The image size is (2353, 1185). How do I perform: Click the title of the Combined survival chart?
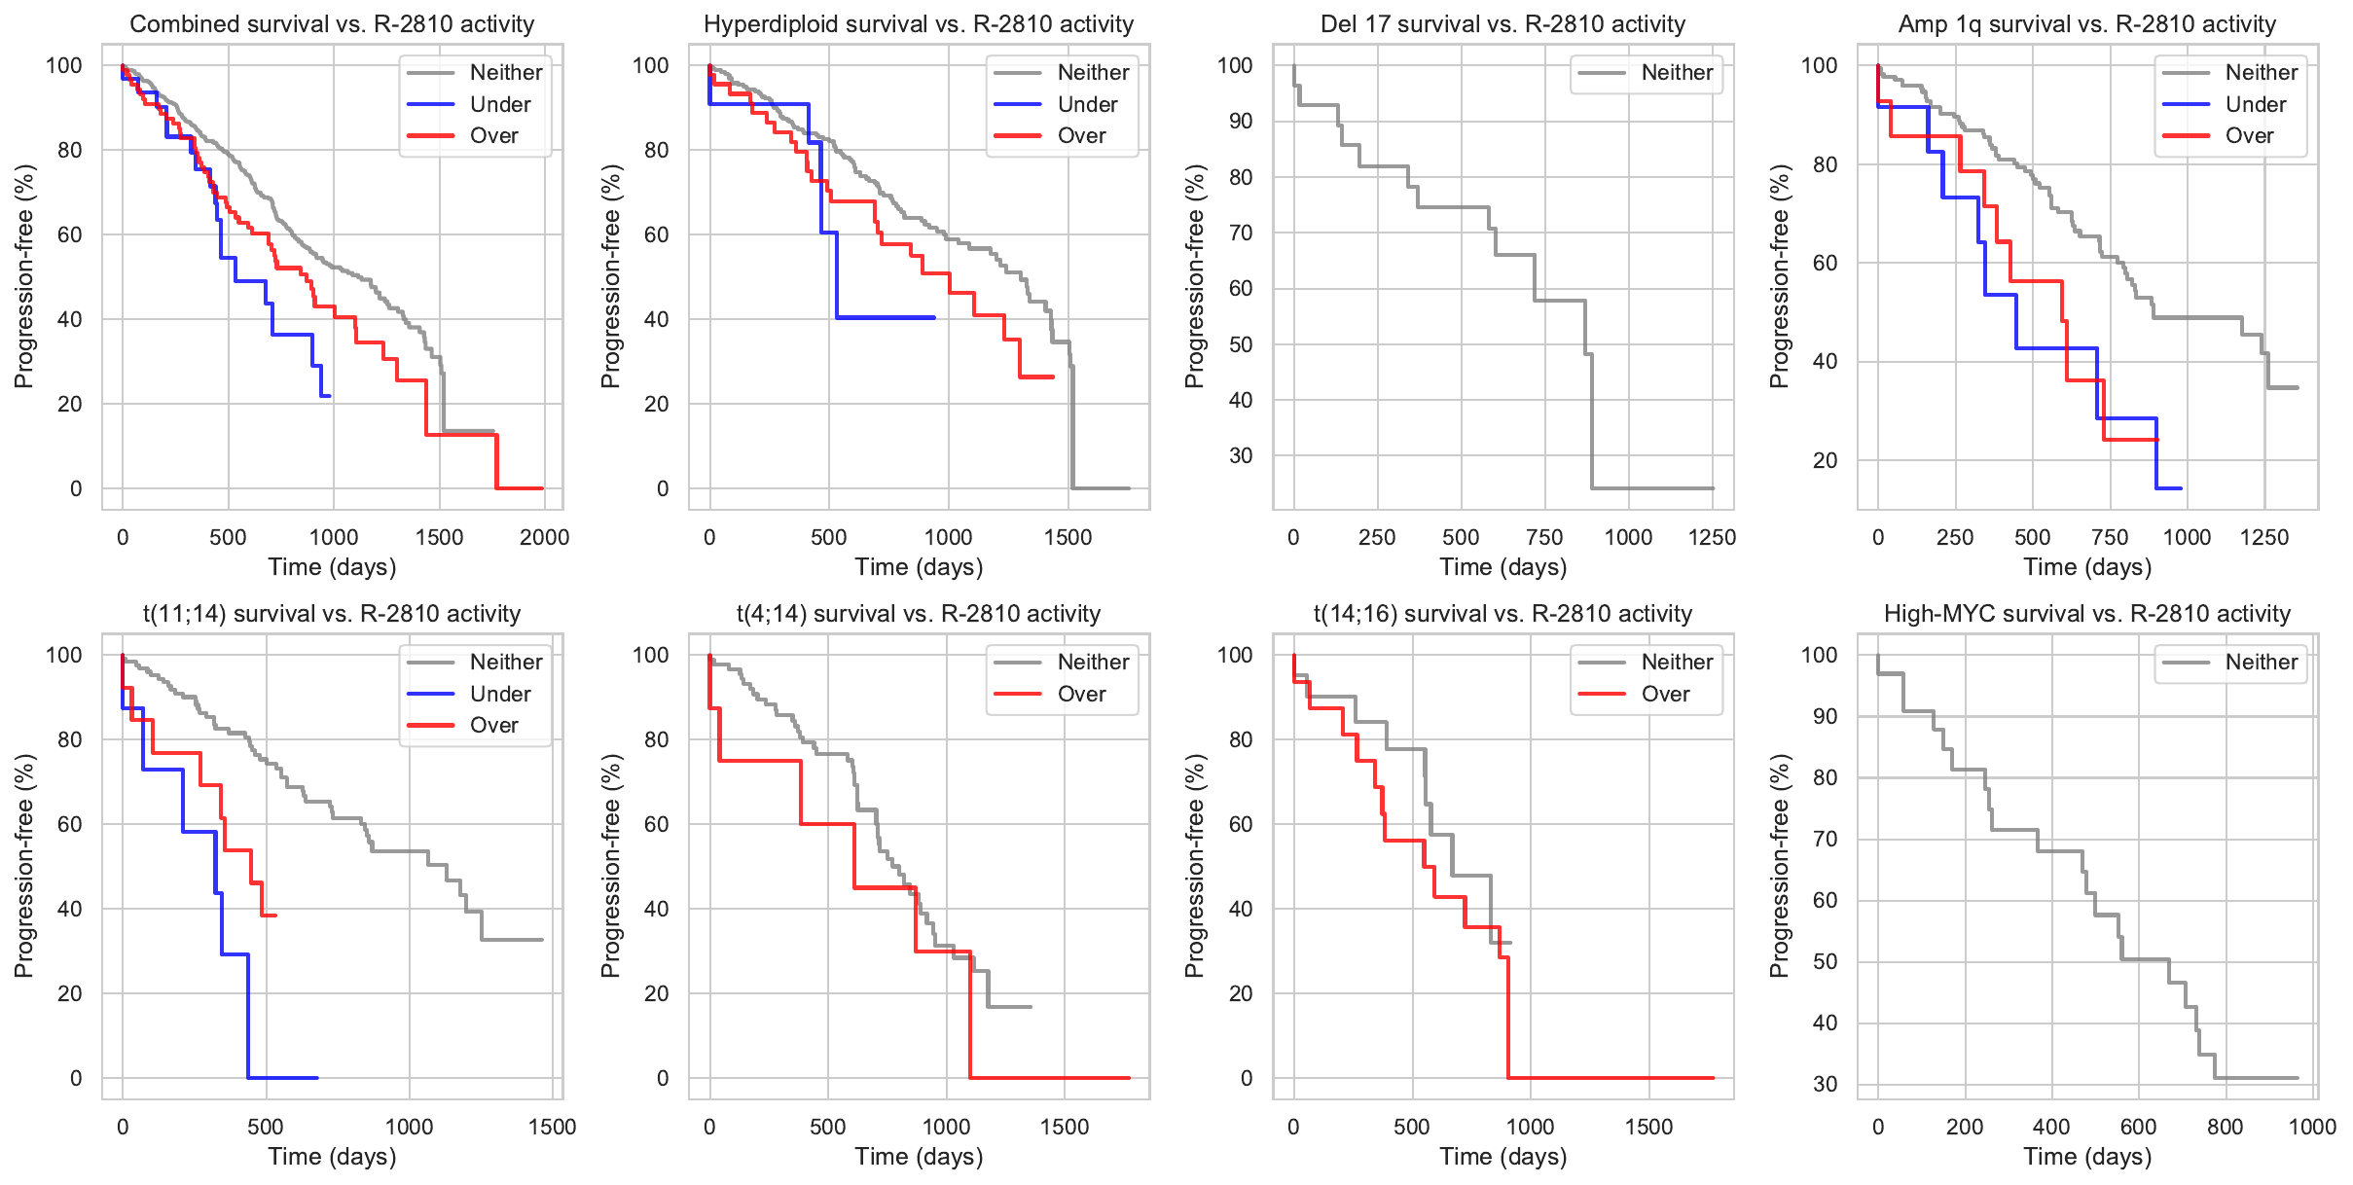click(x=332, y=24)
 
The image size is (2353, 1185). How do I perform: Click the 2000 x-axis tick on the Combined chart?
click(x=544, y=537)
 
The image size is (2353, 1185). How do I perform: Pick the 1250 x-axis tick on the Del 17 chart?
click(x=1712, y=537)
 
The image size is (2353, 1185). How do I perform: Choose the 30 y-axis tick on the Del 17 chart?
click(x=1240, y=455)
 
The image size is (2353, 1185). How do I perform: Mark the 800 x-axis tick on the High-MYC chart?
click(x=2225, y=1127)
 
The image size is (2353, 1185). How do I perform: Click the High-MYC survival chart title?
click(x=2087, y=614)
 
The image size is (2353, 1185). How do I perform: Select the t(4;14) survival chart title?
click(x=919, y=614)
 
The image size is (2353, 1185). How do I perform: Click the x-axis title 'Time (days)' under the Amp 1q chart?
click(x=2087, y=567)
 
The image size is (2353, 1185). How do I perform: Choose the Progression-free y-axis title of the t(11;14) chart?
click(x=24, y=866)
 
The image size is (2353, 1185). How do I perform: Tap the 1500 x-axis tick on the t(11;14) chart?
click(x=552, y=1127)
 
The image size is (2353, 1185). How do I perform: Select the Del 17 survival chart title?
click(x=1502, y=24)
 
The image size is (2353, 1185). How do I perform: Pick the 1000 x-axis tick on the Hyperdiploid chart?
click(x=948, y=537)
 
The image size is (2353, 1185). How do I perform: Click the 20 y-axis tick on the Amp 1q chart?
click(x=1825, y=460)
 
